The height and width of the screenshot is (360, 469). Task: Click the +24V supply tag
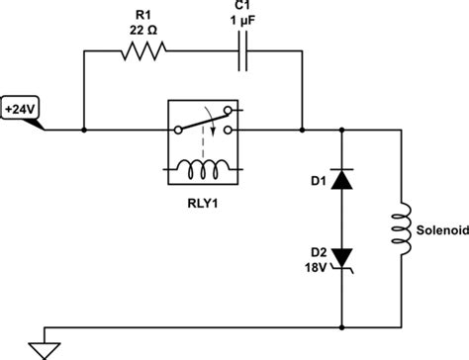(x=22, y=107)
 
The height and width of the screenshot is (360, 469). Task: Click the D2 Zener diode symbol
(x=342, y=257)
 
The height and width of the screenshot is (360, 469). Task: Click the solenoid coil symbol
(x=403, y=227)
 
